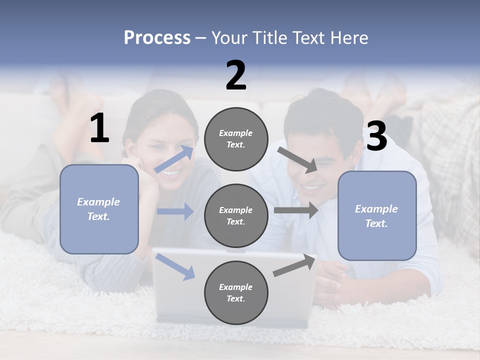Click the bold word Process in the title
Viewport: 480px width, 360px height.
(157, 38)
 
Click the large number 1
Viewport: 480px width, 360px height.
(99, 128)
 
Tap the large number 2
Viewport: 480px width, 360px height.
(236, 75)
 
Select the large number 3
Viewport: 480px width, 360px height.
(376, 136)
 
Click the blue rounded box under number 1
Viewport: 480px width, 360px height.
(99, 209)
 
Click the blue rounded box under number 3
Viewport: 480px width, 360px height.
(377, 216)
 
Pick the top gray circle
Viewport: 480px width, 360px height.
(236, 139)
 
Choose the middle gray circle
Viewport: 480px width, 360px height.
(236, 215)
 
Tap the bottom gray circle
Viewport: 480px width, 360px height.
(236, 292)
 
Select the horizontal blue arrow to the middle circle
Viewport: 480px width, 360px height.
(175, 211)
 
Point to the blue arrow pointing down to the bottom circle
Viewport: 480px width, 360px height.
(175, 266)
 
